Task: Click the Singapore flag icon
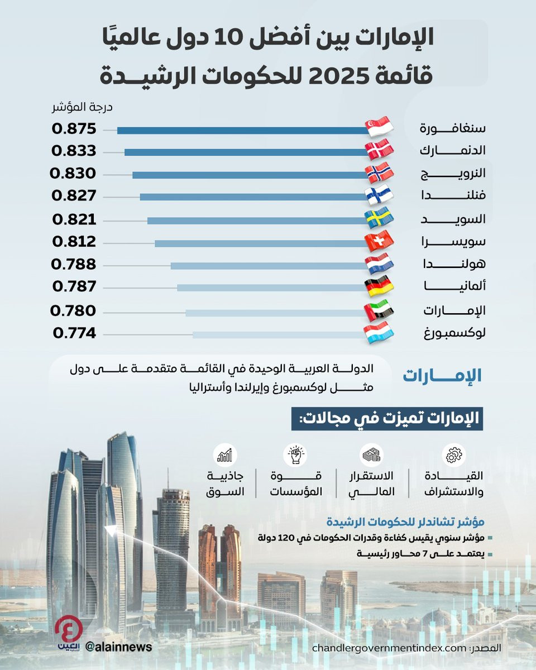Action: click(x=380, y=127)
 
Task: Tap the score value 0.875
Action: click(x=74, y=129)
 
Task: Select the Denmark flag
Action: click(x=380, y=150)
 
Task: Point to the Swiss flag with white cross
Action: click(x=380, y=241)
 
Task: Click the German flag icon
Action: click(x=380, y=286)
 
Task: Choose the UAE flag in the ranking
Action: click(x=380, y=310)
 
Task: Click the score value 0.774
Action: click(x=75, y=334)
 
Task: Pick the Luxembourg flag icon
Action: click(x=380, y=333)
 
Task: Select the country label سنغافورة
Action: click(x=453, y=128)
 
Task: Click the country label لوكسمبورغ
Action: click(x=453, y=334)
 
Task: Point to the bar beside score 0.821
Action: click(x=257, y=221)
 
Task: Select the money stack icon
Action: click(x=371, y=455)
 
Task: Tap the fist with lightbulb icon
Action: click(x=294, y=455)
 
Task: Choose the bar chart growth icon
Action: click(x=225, y=455)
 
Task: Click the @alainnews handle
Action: click(x=118, y=646)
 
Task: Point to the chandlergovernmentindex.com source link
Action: click(x=389, y=649)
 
